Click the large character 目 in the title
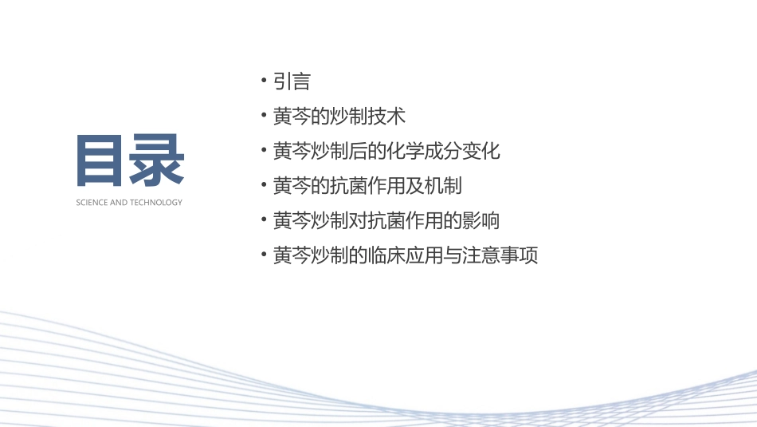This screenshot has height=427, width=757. pos(103,162)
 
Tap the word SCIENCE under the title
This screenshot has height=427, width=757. pos(92,203)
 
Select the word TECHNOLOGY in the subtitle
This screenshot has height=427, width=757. pos(158,203)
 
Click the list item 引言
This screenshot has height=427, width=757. pos(291,81)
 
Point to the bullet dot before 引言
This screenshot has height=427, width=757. pos(264,81)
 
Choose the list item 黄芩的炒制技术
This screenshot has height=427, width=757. pos(339,117)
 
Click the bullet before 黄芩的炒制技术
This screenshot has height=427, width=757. pos(264,117)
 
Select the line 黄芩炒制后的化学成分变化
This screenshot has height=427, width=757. pos(386,151)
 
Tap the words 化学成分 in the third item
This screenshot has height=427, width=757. pos(434,151)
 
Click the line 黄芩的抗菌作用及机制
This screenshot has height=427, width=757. pos(367,186)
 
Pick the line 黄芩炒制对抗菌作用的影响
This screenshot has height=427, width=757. pos(386,220)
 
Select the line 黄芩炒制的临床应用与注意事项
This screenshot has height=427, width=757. pos(406,256)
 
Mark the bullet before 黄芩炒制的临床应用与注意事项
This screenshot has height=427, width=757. pos(264,256)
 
